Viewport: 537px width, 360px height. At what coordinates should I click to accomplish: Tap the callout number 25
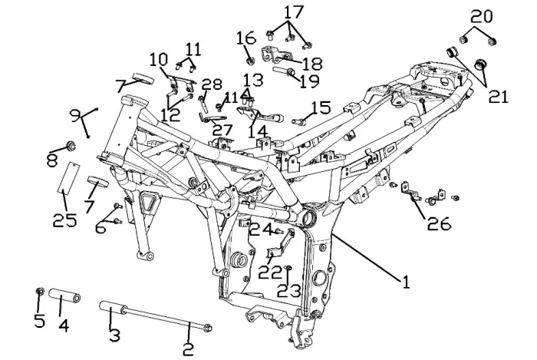pos(65,220)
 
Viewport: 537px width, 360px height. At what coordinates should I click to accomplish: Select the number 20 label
pos(481,15)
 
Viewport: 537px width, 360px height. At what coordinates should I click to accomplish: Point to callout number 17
pos(294,12)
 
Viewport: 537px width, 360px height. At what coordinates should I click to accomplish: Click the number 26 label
pos(439,224)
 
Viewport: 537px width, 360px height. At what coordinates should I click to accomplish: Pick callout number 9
pos(75,116)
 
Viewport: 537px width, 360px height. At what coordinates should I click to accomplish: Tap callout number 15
pos(320,107)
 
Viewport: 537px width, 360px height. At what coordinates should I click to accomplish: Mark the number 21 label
pos(499,97)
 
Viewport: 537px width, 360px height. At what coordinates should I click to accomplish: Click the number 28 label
pos(211,84)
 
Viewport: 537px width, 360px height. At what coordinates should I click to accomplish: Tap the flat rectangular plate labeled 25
pos(68,177)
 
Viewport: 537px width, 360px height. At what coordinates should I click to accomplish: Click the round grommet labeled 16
pos(250,60)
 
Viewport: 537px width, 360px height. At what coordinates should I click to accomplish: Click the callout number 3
pos(114,335)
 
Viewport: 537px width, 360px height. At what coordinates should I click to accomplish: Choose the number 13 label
pos(253,80)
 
